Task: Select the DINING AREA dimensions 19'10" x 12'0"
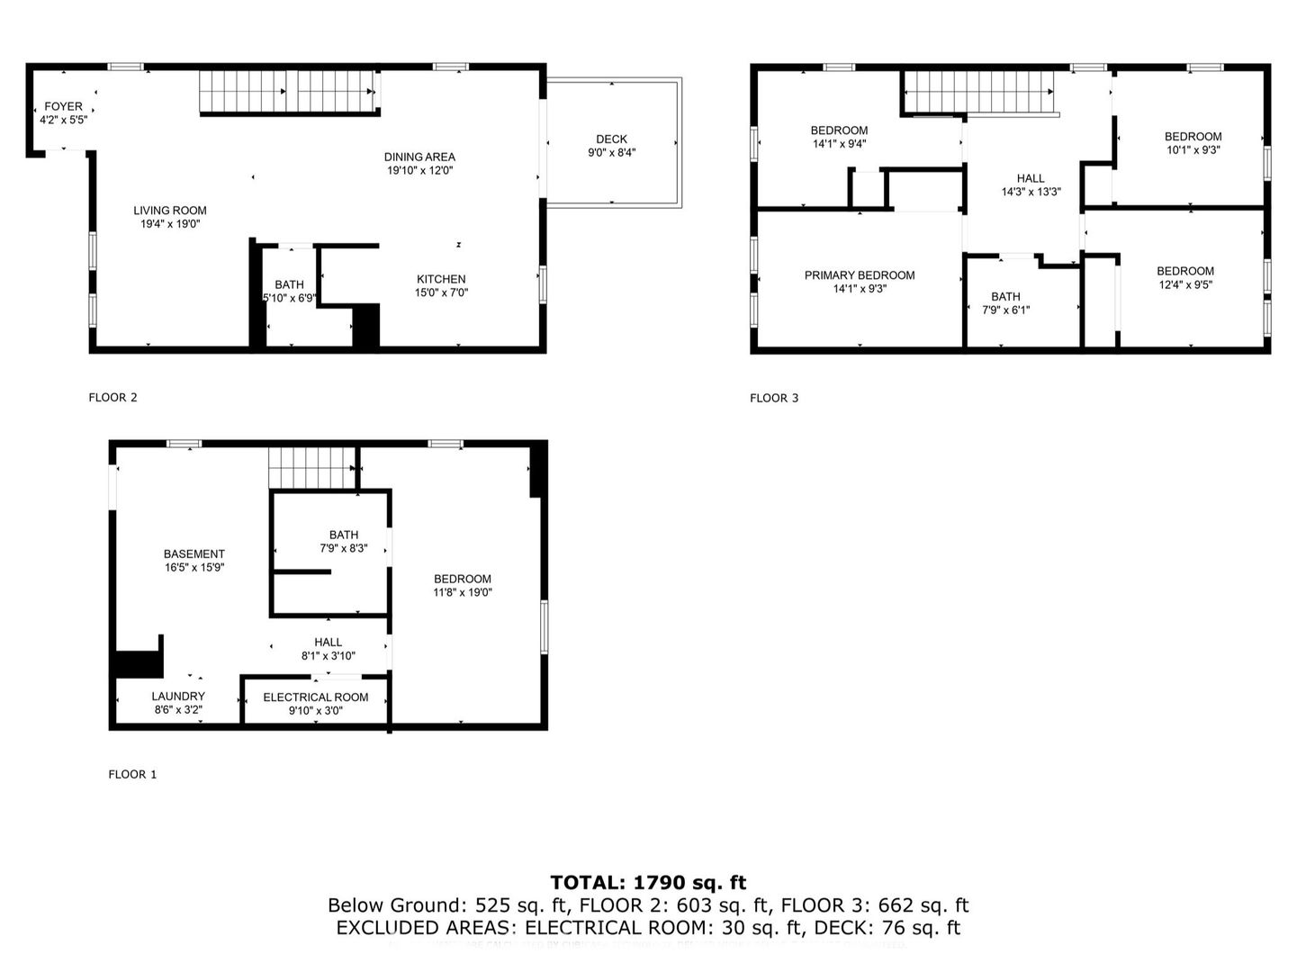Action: click(419, 170)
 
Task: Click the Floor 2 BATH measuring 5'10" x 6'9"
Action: click(289, 292)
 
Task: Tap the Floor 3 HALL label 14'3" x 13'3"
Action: click(1031, 184)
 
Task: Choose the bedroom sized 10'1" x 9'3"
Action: click(1193, 143)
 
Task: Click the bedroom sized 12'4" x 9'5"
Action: click(1185, 277)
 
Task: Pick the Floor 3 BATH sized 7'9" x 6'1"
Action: click(1005, 303)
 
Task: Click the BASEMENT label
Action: click(194, 561)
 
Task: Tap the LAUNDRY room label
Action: click(178, 703)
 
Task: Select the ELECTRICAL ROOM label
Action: click(316, 704)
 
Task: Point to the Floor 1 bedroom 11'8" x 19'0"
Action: click(463, 586)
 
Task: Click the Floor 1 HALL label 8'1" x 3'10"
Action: click(329, 649)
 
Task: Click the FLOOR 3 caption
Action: click(774, 398)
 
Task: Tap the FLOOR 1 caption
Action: click(132, 774)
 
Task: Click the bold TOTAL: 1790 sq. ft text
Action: click(648, 883)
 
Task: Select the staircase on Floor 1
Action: click(311, 467)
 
